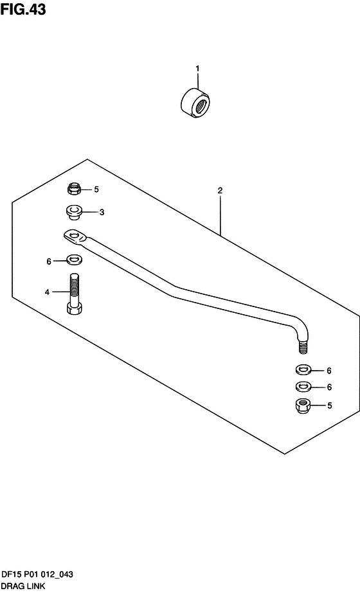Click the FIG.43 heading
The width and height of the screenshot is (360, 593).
point(23,10)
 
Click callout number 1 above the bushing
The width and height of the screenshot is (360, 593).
point(197,69)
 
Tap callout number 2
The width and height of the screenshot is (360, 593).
point(220,190)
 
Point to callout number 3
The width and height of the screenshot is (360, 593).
point(102,213)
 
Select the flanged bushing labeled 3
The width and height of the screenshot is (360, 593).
point(73,212)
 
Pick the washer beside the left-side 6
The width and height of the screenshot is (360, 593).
point(75,260)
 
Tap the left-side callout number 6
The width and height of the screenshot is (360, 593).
point(49,261)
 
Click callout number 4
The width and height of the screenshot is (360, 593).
point(48,292)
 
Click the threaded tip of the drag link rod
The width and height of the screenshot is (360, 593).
point(302,347)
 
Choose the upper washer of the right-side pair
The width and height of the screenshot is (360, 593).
point(302,369)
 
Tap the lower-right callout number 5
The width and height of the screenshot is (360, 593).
point(329,406)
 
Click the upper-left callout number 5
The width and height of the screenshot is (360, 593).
point(96,190)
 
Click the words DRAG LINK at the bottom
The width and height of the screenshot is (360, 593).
point(23,586)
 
